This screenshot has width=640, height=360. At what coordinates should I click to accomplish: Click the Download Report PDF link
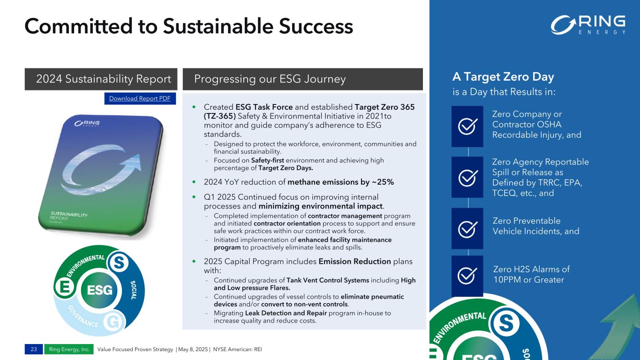(140, 98)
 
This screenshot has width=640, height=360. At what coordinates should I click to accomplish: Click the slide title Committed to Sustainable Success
(188, 26)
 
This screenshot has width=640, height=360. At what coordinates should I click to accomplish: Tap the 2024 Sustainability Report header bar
(101, 79)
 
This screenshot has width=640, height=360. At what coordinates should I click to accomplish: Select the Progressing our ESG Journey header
(302, 79)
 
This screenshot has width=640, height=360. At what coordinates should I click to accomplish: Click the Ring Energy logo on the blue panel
(587, 25)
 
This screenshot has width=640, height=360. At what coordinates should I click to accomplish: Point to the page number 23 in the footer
(34, 349)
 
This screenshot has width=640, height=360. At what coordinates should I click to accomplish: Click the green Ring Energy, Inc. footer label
(69, 349)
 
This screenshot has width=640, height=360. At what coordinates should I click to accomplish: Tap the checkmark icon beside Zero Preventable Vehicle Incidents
(467, 229)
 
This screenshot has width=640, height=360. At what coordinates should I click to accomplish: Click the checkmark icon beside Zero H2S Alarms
(467, 276)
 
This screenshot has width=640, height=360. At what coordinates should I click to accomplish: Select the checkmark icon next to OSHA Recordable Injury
(467, 126)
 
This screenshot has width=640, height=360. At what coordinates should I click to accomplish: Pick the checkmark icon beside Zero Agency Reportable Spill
(467, 177)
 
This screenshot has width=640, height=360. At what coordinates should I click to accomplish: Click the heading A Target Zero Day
(503, 76)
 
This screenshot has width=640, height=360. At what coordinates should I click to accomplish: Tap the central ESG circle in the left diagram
(99, 290)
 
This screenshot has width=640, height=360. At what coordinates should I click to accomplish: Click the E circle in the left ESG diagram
(65, 287)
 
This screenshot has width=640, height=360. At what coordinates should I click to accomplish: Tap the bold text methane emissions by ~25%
(340, 182)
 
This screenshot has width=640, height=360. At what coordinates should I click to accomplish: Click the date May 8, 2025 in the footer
(193, 349)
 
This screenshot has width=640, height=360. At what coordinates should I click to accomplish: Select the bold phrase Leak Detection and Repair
(286, 313)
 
